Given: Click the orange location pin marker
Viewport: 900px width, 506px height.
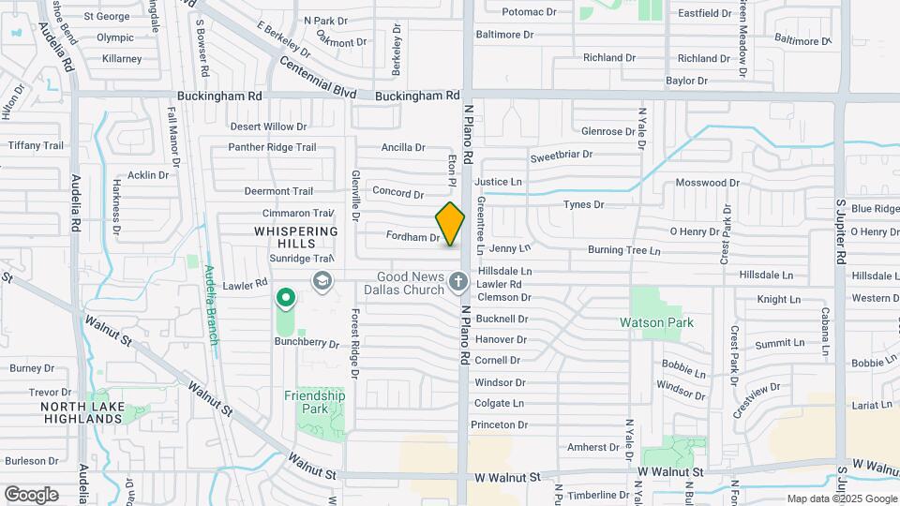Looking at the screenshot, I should [450, 224].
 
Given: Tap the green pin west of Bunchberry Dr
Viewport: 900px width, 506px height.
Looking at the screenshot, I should [286, 299].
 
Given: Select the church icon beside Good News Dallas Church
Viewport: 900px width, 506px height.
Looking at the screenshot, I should [457, 281].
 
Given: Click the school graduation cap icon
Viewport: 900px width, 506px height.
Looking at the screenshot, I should [322, 281].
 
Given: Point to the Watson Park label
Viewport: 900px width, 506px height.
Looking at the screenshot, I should [657, 322].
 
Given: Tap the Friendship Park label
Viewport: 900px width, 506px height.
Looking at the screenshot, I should [315, 402].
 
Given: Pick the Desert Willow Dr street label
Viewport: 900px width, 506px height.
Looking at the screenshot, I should [268, 126].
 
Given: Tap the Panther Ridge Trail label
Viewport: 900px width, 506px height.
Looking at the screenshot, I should [273, 147].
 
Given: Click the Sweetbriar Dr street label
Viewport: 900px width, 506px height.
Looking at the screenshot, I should [562, 155].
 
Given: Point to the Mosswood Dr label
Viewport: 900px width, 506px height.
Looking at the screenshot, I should [708, 183].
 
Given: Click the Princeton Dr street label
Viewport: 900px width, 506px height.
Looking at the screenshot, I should [501, 424].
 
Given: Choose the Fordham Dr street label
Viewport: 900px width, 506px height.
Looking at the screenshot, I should [414, 238].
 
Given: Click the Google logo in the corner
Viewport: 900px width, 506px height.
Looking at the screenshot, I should [31, 494].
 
